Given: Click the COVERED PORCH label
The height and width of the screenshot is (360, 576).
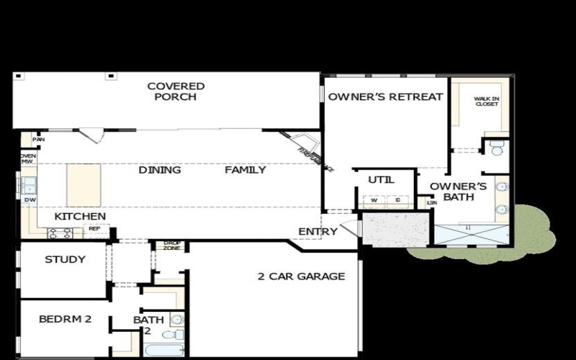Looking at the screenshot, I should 176,91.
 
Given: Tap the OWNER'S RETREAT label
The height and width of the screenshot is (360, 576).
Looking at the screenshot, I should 385,97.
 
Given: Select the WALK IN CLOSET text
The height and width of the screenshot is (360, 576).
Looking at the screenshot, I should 486,101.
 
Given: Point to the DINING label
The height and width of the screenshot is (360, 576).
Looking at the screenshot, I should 159,171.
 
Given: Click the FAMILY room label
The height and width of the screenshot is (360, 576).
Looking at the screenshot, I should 245,171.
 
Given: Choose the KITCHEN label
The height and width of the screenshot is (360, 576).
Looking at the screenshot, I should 81,216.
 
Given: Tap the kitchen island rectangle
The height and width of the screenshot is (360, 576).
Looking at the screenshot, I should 84,185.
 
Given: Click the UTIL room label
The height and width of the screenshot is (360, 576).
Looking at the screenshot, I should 379,180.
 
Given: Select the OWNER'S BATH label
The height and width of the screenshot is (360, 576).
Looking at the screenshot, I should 459,192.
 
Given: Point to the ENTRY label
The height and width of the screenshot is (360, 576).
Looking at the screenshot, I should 318,232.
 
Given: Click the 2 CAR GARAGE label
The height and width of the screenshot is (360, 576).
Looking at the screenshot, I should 301,276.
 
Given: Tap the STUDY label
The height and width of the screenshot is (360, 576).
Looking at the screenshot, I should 65,260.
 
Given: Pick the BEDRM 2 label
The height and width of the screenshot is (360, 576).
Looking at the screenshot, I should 65,320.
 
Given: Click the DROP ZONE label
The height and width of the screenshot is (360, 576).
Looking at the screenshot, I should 171,246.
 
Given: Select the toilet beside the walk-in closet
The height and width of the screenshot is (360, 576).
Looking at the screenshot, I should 496,148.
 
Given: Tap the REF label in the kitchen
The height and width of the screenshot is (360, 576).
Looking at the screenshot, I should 94,229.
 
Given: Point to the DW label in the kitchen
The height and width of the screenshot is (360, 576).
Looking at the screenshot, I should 30,200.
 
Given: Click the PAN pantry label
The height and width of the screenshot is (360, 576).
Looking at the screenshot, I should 27,140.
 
